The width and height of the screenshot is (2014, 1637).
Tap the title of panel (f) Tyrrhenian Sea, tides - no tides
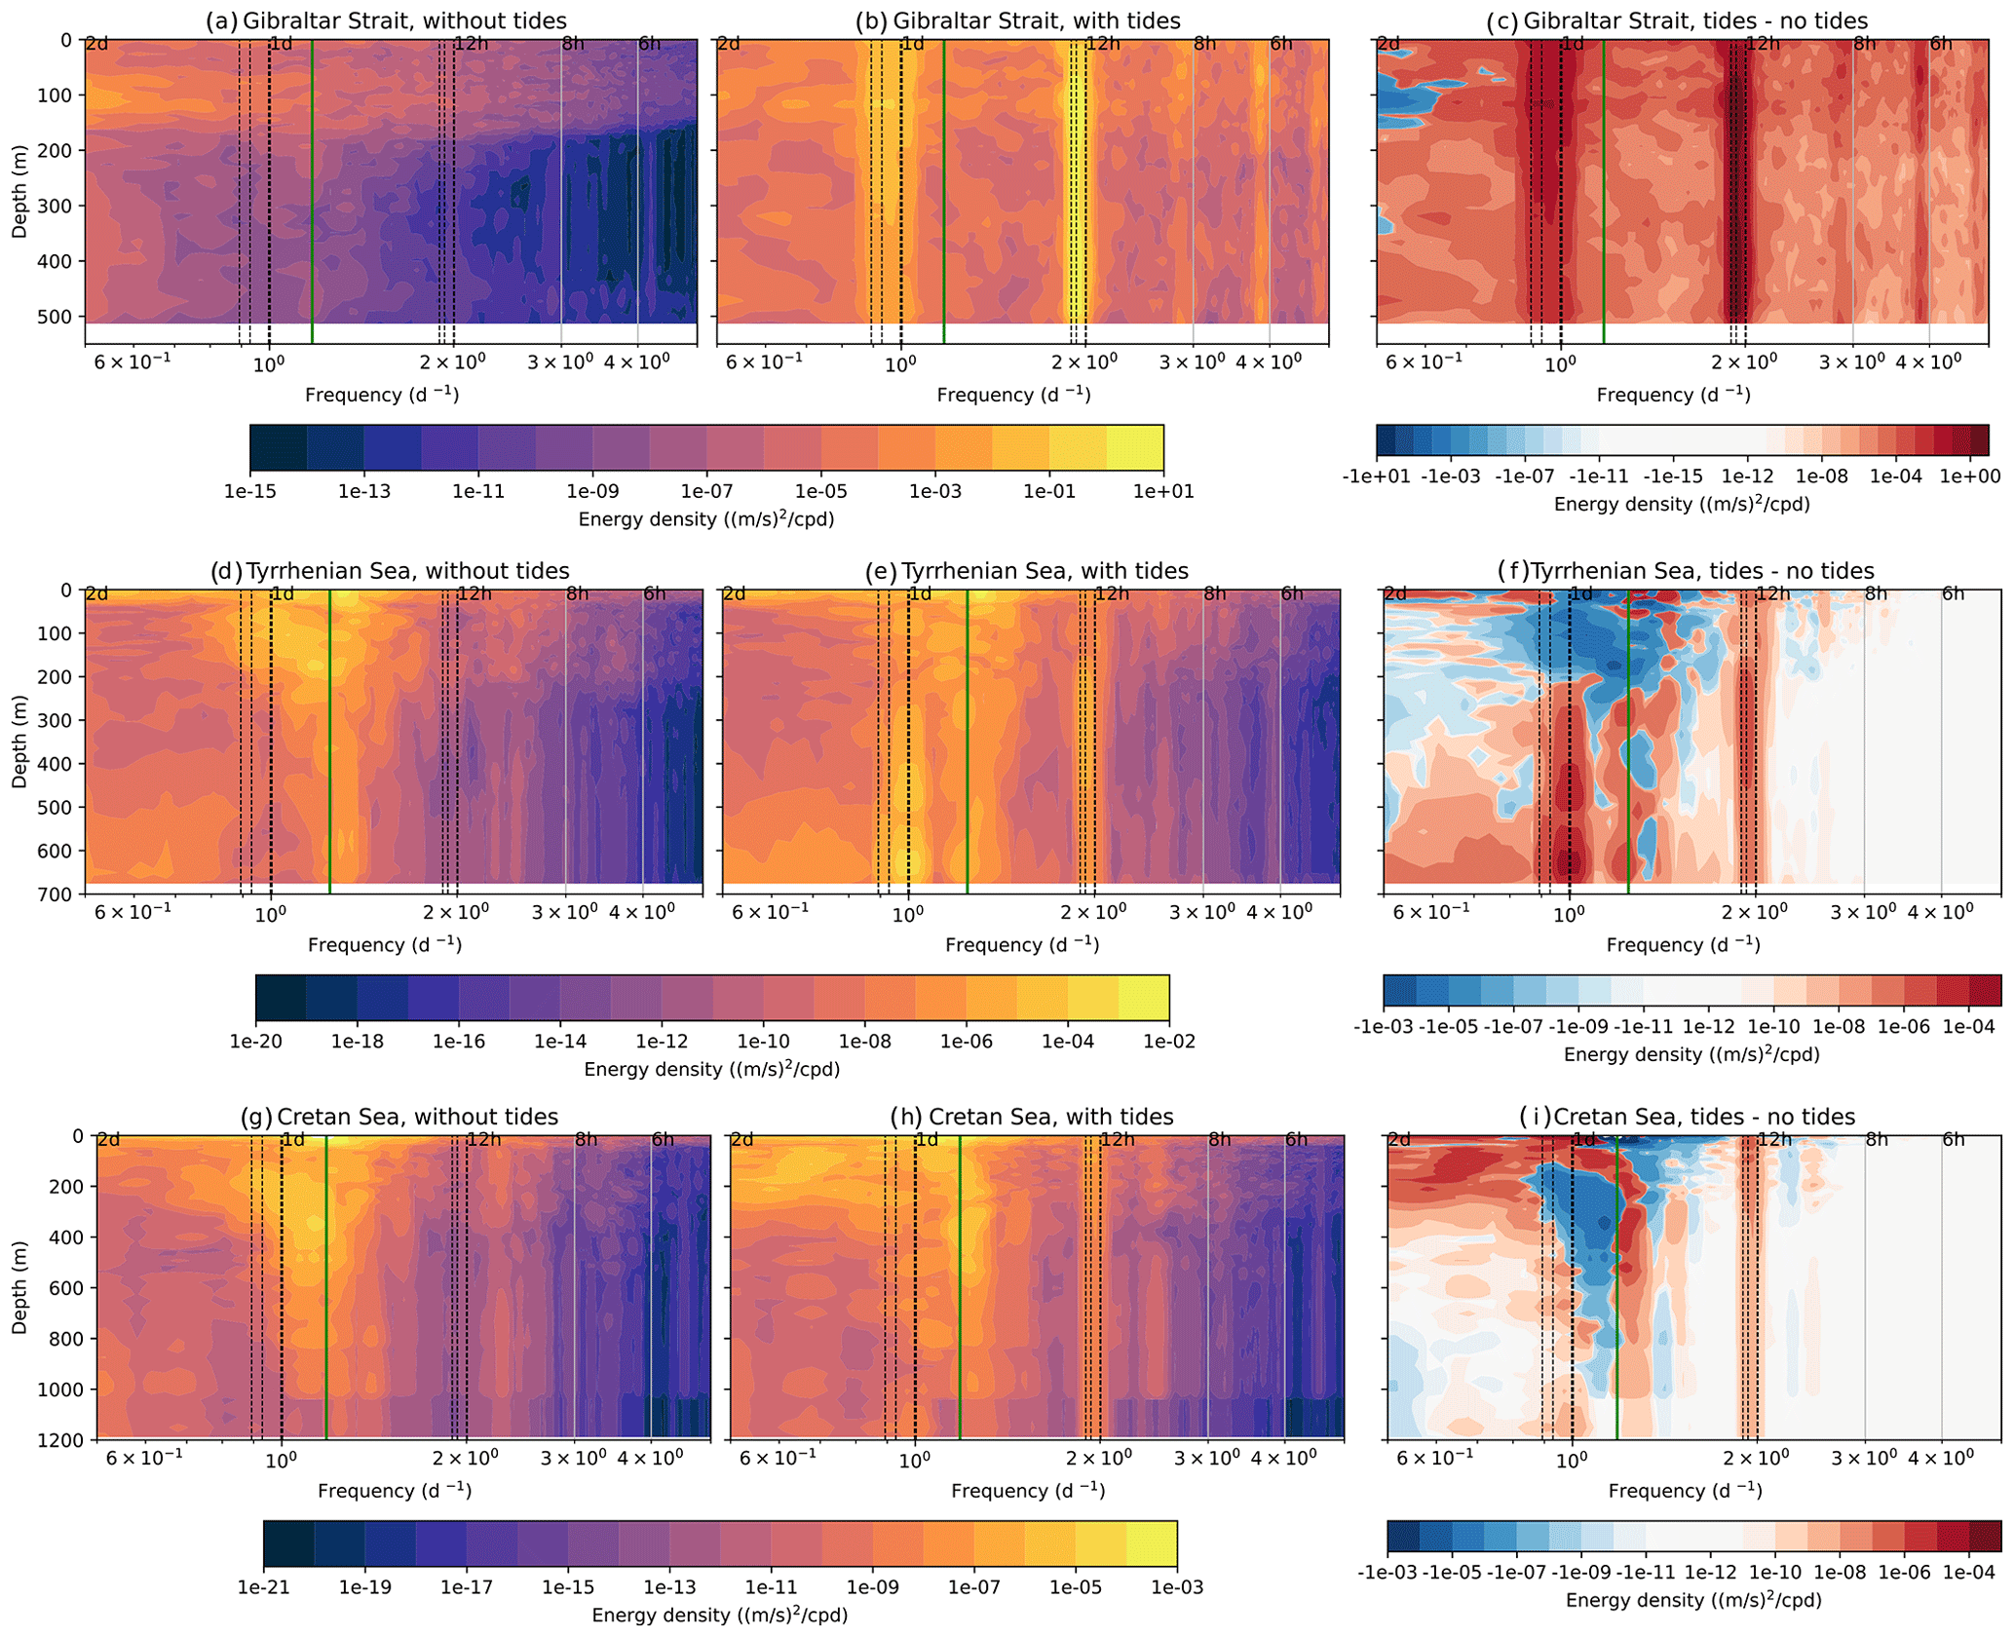coord(1685,571)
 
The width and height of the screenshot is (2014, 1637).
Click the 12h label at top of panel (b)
coord(1102,44)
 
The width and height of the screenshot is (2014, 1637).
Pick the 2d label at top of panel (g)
coord(109,1139)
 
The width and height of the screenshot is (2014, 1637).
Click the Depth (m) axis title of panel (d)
coord(20,741)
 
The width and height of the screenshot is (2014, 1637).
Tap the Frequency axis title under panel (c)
coord(1673,395)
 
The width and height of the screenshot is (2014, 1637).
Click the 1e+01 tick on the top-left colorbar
coord(1163,491)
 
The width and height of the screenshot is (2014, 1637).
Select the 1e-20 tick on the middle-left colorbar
coord(255,1042)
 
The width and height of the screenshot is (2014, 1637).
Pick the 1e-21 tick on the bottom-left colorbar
coord(264,1587)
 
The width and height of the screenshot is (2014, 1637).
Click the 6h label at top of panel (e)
coord(1292,593)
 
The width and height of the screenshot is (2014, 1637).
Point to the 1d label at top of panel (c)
coord(1572,44)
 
